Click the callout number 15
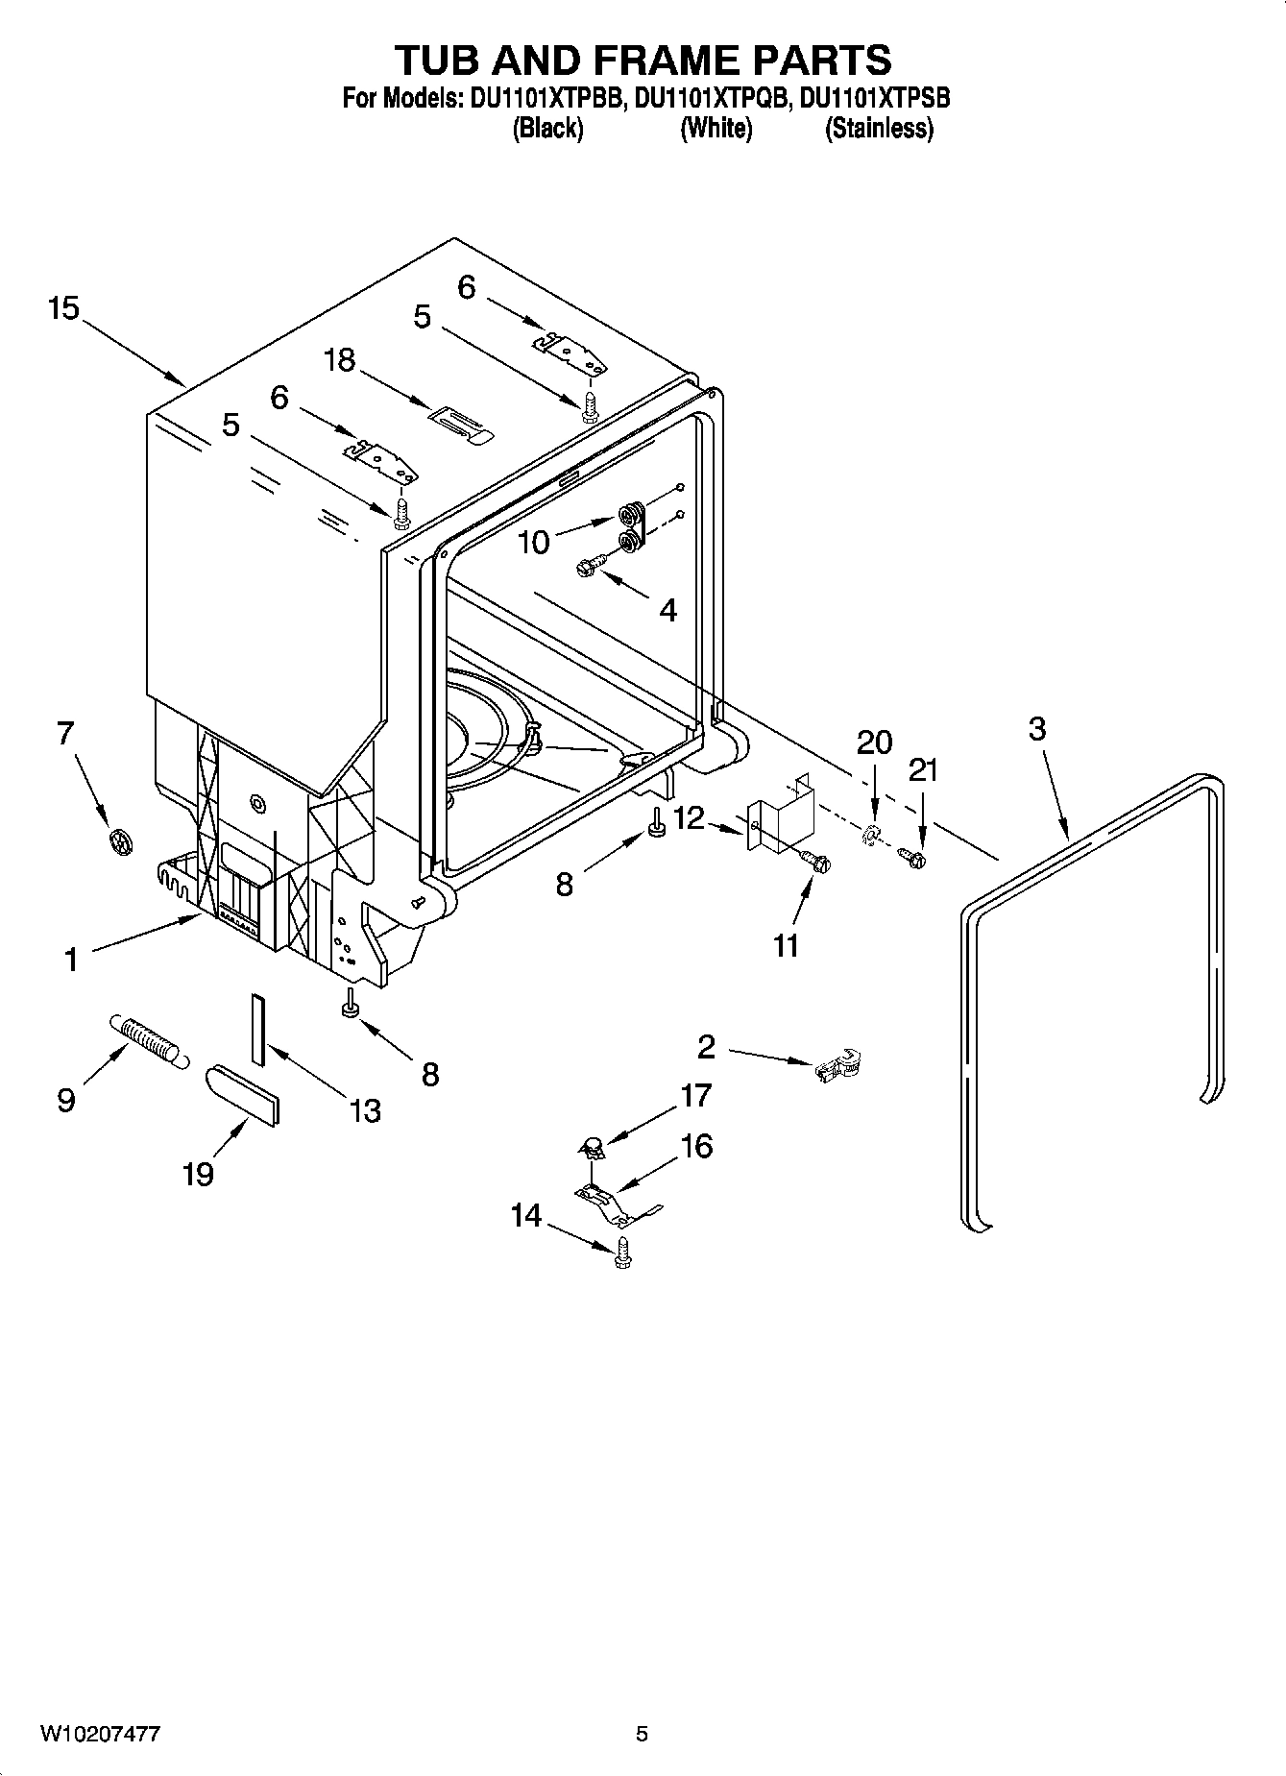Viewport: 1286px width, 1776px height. click(x=63, y=309)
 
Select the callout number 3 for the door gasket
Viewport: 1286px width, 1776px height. click(x=1037, y=729)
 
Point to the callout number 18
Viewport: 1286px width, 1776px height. click(x=339, y=360)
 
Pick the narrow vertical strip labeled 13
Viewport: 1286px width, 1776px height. click(x=256, y=1029)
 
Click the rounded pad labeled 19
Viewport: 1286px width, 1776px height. click(x=245, y=1093)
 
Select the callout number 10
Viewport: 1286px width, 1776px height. click(x=534, y=543)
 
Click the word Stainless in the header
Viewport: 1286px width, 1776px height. click(x=878, y=128)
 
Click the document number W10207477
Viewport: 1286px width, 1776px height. click(x=100, y=1735)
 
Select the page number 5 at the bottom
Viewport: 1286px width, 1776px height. click(x=642, y=1735)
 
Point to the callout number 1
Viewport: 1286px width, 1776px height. click(x=70, y=960)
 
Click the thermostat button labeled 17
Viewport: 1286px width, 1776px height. click(x=593, y=1143)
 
